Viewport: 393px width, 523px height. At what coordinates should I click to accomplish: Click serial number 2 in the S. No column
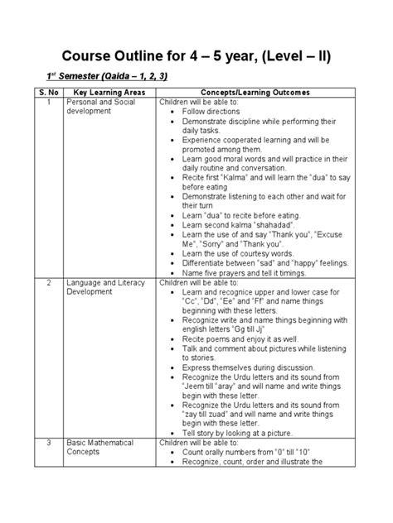(x=49, y=281)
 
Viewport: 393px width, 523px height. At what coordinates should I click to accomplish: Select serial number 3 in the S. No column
(x=49, y=444)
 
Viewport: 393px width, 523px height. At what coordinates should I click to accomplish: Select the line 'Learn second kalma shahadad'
(x=239, y=226)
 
